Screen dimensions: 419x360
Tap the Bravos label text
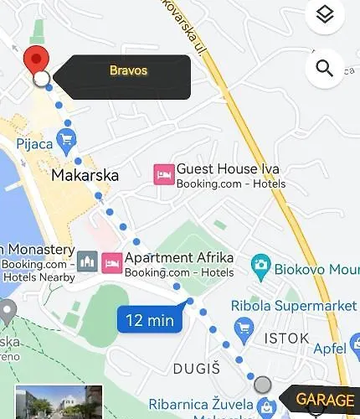(x=128, y=70)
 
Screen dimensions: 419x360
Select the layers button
(x=325, y=15)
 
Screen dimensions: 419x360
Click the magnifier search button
(x=325, y=67)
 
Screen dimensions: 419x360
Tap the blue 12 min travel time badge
(x=150, y=319)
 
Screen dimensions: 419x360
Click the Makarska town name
(x=85, y=176)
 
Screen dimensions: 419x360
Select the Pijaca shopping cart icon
(x=65, y=137)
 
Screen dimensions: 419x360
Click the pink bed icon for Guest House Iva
(x=163, y=174)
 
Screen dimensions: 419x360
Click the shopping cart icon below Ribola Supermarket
(x=244, y=326)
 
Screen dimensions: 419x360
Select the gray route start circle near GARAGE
(x=263, y=385)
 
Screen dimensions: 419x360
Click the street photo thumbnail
(x=59, y=402)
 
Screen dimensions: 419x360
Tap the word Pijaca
(x=34, y=144)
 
